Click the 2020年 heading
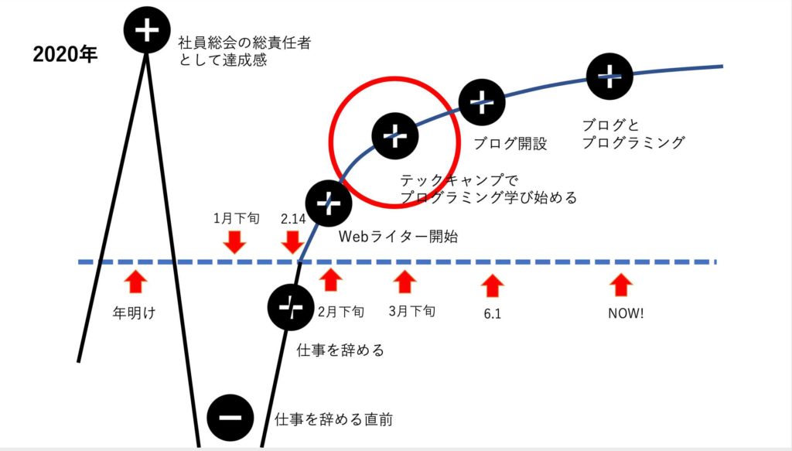coord(65,55)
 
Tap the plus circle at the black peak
coord(146,30)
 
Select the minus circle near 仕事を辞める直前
coord(230,417)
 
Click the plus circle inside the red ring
coord(395,136)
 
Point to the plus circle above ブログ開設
coord(482,102)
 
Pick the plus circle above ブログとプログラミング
coord(609,77)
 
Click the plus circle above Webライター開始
coord(329,203)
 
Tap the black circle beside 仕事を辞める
coord(291,307)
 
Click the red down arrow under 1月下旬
coord(235,242)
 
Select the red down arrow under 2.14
coord(292,242)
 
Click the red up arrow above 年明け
coord(135,282)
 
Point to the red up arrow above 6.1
coord(493,286)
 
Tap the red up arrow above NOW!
coord(621,285)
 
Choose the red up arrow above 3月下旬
coord(405,282)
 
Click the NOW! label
coord(626,313)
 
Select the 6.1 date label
coord(493,313)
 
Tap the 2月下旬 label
coord(341,312)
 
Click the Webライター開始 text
coord(398,237)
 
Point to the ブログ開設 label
coord(510,143)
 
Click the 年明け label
coord(134,313)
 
